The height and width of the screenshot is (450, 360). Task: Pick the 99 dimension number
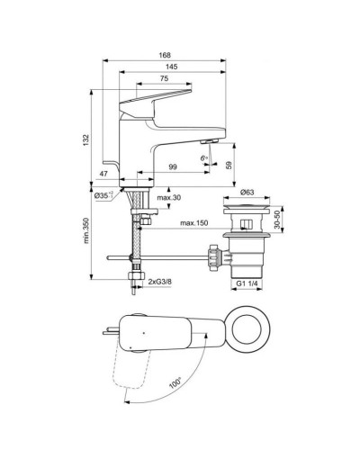pos(172,167)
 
